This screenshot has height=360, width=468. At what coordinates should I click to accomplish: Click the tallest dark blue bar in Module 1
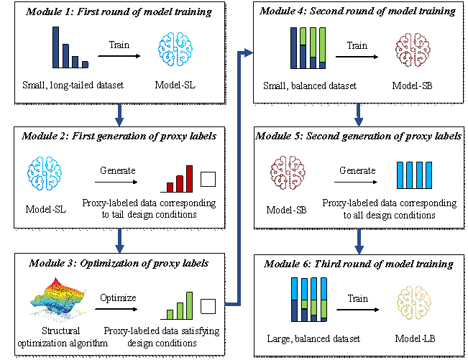coord(55,47)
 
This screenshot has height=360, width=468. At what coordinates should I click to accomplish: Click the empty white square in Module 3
coord(208,308)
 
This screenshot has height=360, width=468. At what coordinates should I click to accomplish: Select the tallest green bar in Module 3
coord(190,304)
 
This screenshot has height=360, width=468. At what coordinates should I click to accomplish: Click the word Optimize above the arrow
coord(118,297)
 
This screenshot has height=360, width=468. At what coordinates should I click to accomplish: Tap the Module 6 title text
coord(357,264)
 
